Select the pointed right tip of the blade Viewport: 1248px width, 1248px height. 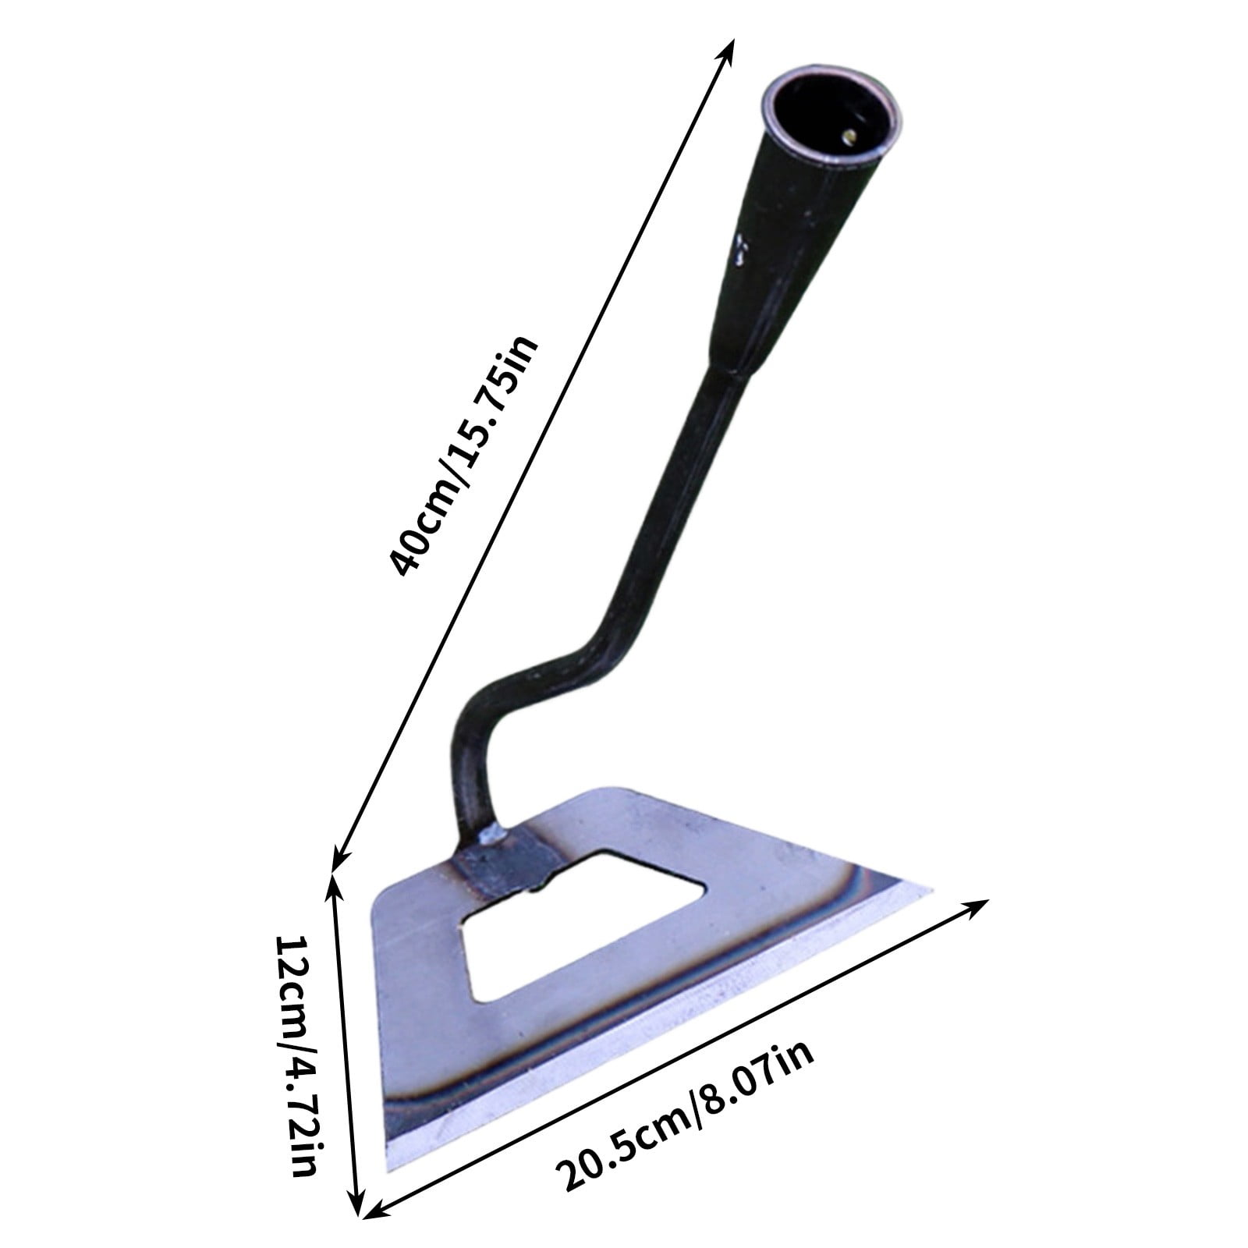coord(928,889)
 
